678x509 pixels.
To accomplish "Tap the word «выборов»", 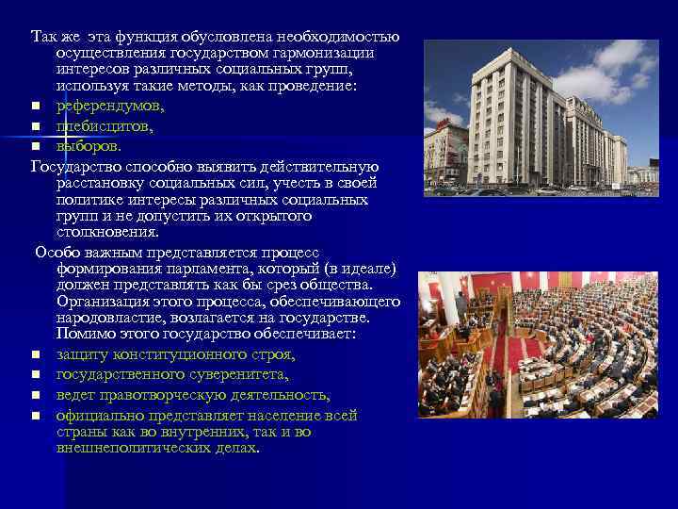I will coord(88,146).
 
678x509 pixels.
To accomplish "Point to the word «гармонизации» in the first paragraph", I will coord(322,53).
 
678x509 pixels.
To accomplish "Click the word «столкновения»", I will coord(106,231).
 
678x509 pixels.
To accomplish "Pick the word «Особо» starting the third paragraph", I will coord(58,253).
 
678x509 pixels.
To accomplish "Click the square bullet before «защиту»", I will coord(35,355).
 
